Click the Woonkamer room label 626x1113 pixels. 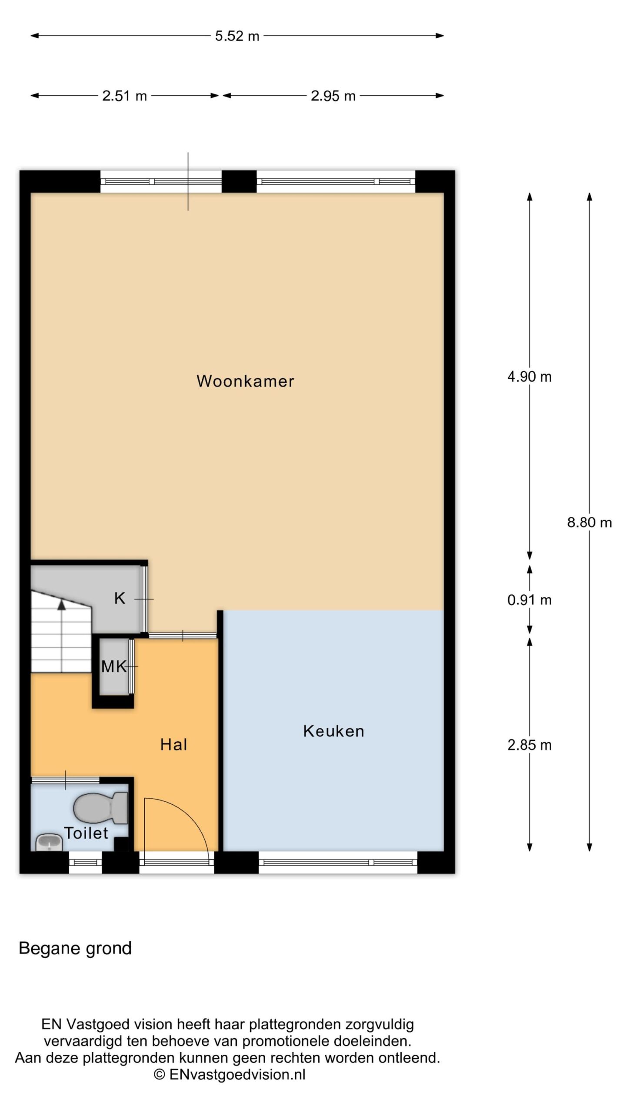(245, 381)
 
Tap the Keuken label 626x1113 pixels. (333, 731)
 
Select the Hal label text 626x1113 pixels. (173, 744)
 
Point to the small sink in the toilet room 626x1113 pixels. (49, 842)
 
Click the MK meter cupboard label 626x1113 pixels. (114, 666)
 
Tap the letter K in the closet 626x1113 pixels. (120, 598)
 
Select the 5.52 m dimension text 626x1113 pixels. (237, 36)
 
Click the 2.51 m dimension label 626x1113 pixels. (124, 96)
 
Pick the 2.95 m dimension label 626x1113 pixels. (333, 96)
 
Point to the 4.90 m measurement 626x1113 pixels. (529, 377)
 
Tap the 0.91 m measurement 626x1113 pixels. (529, 600)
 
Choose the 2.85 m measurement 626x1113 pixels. (529, 745)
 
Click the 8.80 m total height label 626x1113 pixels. (589, 522)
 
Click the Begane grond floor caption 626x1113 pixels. (75, 948)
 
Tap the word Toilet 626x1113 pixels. (86, 833)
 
